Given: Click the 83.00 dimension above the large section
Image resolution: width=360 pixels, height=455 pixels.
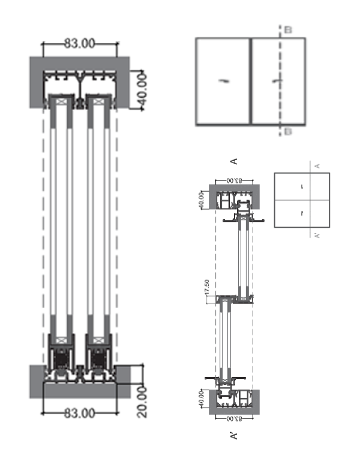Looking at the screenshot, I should [79, 43].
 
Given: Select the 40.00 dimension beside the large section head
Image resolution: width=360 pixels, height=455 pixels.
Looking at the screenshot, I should [142, 90].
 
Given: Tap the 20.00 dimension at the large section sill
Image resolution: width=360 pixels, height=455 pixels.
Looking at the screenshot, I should [142, 401].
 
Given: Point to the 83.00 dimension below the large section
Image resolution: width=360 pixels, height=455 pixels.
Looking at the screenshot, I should [79, 413].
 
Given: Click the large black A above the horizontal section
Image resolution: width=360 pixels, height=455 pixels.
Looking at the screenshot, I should [235, 161].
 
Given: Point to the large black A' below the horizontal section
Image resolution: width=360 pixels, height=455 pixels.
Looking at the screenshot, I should [235, 435].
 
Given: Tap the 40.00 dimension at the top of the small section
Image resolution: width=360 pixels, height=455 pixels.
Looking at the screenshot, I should [202, 198].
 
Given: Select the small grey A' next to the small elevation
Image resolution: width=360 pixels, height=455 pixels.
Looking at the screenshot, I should [317, 235].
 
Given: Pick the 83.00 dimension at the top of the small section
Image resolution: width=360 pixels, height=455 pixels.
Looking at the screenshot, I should [234, 180].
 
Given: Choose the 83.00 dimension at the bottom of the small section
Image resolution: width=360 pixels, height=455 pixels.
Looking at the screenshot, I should [234, 417].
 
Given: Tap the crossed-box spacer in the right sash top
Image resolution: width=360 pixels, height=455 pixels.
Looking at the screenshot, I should [98, 103].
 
